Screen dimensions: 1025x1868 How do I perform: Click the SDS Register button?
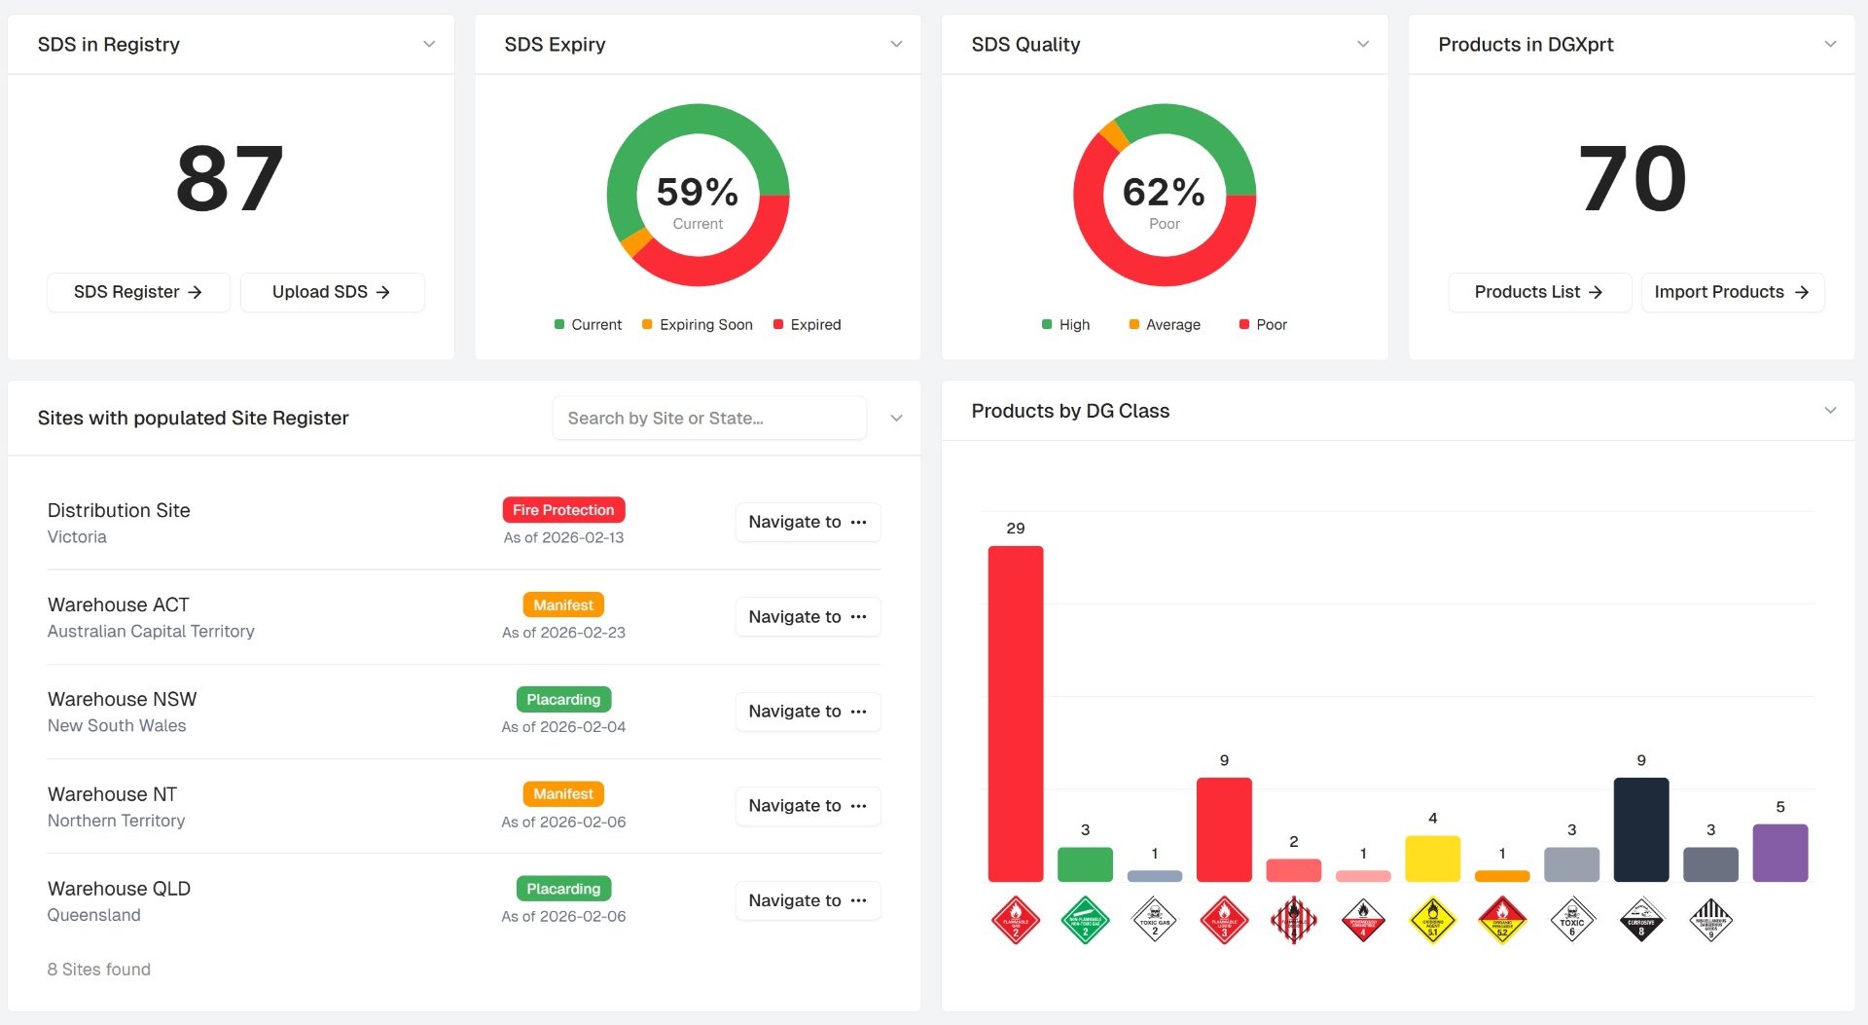tap(138, 292)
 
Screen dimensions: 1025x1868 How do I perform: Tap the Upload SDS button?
tap(332, 292)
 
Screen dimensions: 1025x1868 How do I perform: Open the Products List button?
tap(1538, 292)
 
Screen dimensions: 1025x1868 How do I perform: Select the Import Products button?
tap(1732, 292)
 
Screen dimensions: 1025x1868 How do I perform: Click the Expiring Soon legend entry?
tap(698, 325)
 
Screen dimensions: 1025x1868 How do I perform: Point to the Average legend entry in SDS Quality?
tap(1165, 325)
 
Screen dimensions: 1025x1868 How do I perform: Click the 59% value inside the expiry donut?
tap(698, 192)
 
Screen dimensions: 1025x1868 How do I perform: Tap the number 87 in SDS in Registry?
tap(231, 179)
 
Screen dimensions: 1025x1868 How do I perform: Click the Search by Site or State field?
tap(708, 419)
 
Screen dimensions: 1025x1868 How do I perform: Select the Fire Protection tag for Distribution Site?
tap(563, 510)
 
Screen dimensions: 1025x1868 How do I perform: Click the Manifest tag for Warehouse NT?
tap(563, 794)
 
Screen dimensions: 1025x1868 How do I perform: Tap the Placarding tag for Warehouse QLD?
tap(563, 889)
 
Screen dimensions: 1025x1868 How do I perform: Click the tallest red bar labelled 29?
tap(1015, 714)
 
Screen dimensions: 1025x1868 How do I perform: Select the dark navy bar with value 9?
tap(1640, 829)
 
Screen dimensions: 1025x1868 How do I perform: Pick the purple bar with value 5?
tap(1779, 853)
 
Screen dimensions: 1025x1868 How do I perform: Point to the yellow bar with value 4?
tap(1432, 859)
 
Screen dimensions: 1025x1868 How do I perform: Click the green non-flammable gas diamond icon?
tap(1085, 920)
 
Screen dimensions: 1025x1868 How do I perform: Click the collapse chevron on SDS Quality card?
tap(1363, 45)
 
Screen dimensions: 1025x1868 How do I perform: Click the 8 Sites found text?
tap(99, 970)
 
